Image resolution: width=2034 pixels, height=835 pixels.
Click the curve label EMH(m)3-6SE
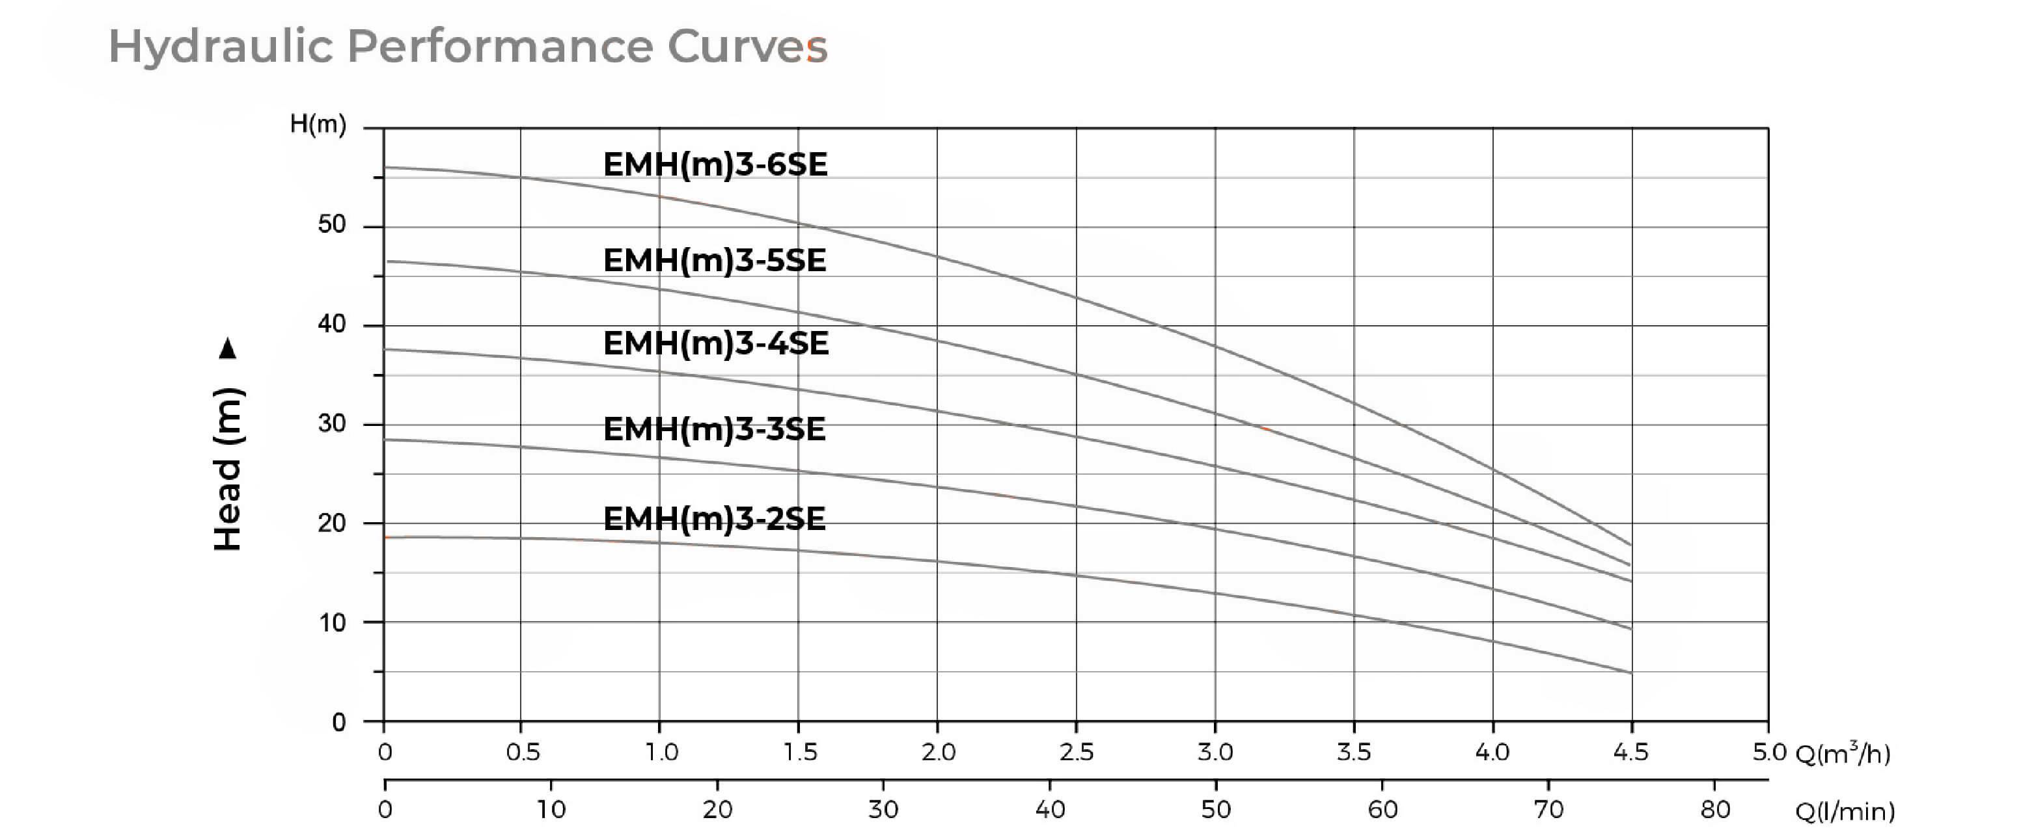click(x=715, y=165)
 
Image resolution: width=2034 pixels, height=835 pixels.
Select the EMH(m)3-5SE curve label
click(x=715, y=260)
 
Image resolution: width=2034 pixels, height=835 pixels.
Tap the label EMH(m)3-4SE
click(x=715, y=343)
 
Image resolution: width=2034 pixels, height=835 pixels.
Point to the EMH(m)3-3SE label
click(x=715, y=429)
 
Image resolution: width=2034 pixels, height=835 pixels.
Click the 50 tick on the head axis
click(x=332, y=225)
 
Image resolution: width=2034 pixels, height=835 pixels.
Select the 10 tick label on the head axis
click(x=332, y=624)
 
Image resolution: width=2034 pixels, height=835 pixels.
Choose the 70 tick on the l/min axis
click(x=1548, y=810)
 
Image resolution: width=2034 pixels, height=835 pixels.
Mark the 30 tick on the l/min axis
click(x=883, y=810)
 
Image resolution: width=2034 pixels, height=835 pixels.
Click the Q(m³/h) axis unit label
click(x=1843, y=754)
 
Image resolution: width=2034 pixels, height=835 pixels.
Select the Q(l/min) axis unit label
click(x=1845, y=812)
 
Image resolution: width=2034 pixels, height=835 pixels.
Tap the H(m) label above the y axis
click(x=318, y=124)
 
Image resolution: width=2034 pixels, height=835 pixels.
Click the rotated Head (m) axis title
click(x=228, y=470)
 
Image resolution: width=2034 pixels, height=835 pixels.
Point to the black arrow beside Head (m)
click(x=228, y=348)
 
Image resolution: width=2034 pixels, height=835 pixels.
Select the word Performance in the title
click(x=500, y=46)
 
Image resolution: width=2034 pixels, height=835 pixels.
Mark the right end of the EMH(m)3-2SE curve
click(x=1630, y=673)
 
